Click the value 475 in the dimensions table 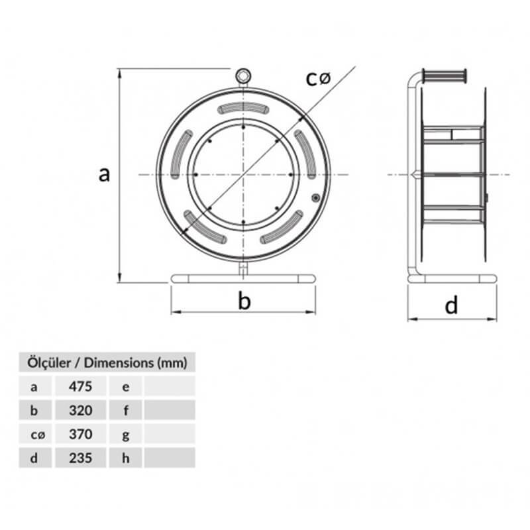[80, 386]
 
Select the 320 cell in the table [80, 410]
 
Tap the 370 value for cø [80, 434]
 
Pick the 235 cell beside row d [80, 458]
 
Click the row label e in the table [126, 387]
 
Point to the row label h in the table [126, 458]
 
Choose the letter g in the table [126, 435]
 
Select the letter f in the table [126, 410]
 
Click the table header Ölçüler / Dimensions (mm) [107, 362]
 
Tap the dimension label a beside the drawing [104, 174]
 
